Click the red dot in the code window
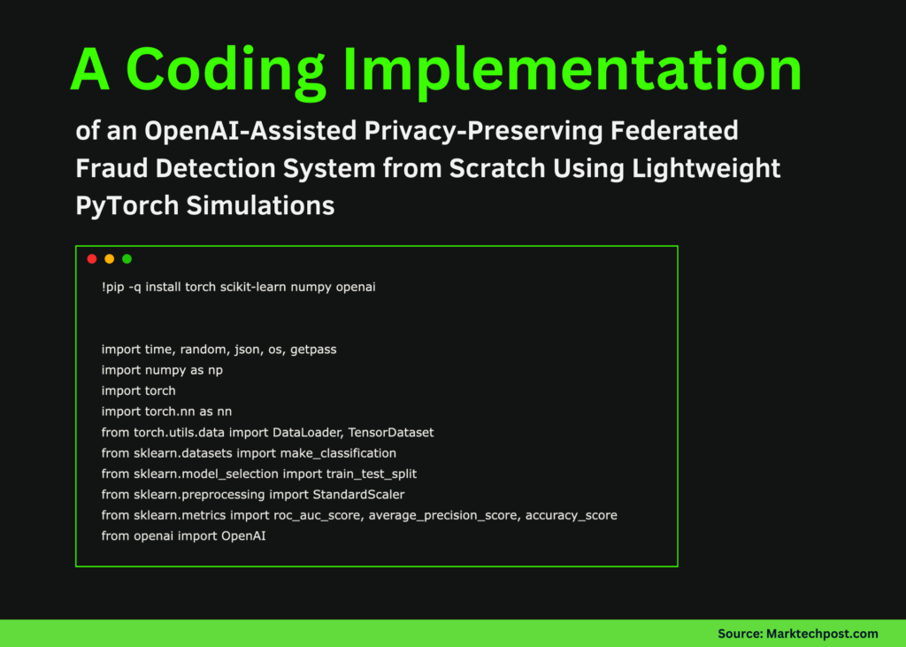pos(92,259)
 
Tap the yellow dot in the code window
pos(110,259)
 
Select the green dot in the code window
pos(127,259)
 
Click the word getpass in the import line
pos(313,350)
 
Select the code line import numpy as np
pos(162,370)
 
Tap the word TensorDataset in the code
pos(391,432)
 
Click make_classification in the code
pos(339,453)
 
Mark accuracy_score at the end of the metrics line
pos(572,515)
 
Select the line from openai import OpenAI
pos(183,535)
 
